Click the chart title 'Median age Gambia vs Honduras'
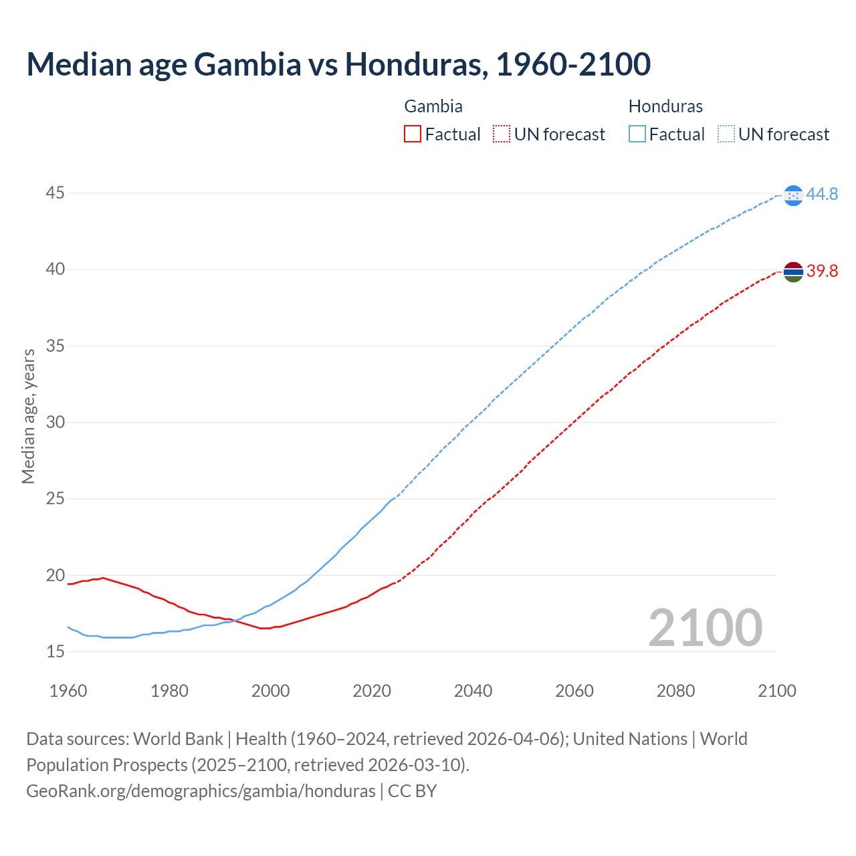pyautogui.click(x=338, y=64)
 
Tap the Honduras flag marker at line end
pyautogui.click(x=793, y=195)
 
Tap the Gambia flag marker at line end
pyautogui.click(x=793, y=272)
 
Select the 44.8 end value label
pyautogui.click(x=822, y=195)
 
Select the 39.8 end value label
pyautogui.click(x=822, y=272)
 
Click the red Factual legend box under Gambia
pyautogui.click(x=413, y=134)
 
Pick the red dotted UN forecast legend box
pyautogui.click(x=502, y=134)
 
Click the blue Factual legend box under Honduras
pyautogui.click(x=637, y=134)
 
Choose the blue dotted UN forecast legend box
pyautogui.click(x=726, y=134)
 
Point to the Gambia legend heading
pyautogui.click(x=433, y=106)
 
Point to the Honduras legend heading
pyautogui.click(x=665, y=106)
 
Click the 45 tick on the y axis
pyautogui.click(x=55, y=193)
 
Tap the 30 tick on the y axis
pyautogui.click(x=55, y=422)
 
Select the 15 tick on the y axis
pyautogui.click(x=55, y=651)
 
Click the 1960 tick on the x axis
pyautogui.click(x=68, y=691)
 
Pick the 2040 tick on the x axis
pyautogui.click(x=473, y=691)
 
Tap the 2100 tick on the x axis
pyautogui.click(x=776, y=691)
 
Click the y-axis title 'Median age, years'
pyautogui.click(x=28, y=416)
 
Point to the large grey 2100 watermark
pyautogui.click(x=705, y=628)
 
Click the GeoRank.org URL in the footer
pyautogui.click(x=201, y=791)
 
